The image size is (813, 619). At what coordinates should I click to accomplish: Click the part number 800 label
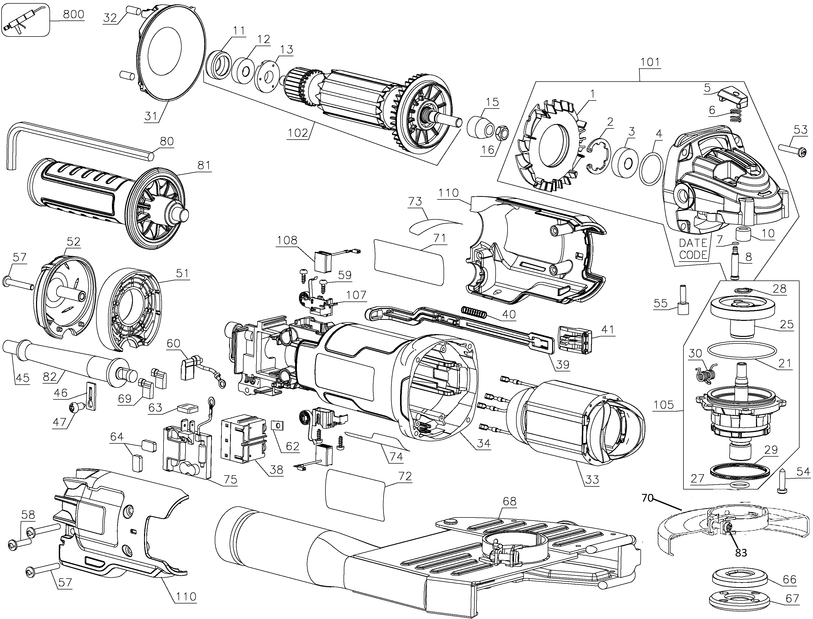click(x=74, y=14)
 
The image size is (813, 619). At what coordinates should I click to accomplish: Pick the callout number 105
click(x=664, y=405)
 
